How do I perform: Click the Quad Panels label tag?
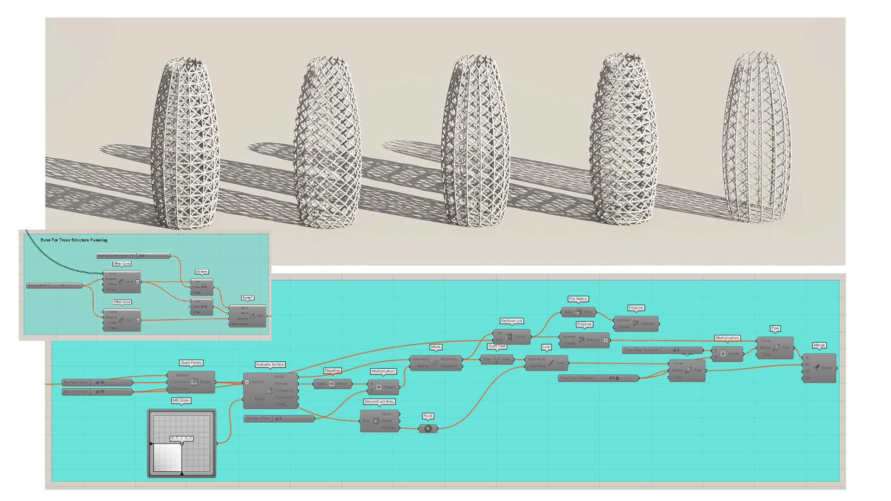[x=191, y=363]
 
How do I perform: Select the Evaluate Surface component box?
[x=270, y=390]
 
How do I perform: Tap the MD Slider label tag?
[x=181, y=400]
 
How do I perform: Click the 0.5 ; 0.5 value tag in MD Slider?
[x=181, y=438]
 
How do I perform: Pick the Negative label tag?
[x=332, y=371]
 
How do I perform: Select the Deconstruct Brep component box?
[x=380, y=421]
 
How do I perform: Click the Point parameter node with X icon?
[x=428, y=429]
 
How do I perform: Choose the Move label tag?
[x=435, y=347]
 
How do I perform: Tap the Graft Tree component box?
[x=497, y=360]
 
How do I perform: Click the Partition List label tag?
[x=511, y=321]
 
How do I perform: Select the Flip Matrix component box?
[x=578, y=312]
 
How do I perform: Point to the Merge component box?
[x=819, y=368]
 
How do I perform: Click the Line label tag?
[x=546, y=347]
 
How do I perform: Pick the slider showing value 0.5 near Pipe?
[x=598, y=378]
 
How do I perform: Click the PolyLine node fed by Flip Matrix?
[x=636, y=323]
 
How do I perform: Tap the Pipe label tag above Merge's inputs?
[x=775, y=328]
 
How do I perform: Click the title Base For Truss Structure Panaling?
[x=74, y=240]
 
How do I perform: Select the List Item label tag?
[x=201, y=272]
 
